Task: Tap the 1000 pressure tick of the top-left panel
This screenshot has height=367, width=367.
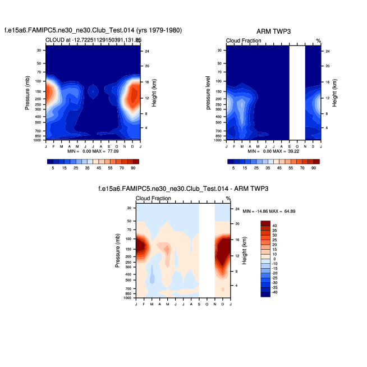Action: (39, 140)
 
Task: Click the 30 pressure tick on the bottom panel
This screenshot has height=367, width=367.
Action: (129, 209)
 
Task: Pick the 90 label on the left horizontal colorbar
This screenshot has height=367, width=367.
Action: (134, 168)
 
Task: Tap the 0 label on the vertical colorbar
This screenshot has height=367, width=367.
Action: (275, 259)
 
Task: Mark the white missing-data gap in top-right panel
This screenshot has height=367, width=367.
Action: (297, 92)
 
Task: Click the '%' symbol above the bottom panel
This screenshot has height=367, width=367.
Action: (228, 198)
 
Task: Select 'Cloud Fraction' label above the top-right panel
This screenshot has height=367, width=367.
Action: (243, 41)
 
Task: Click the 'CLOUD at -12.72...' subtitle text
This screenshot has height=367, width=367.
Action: (93, 40)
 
